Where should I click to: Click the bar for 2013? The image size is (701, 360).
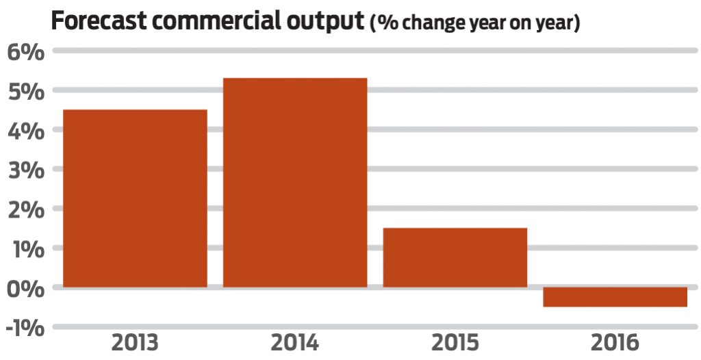(x=135, y=198)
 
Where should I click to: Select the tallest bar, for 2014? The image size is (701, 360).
(x=295, y=182)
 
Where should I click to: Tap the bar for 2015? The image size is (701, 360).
(x=455, y=257)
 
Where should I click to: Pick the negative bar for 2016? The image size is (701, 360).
(x=615, y=297)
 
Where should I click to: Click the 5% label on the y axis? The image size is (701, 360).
(x=25, y=91)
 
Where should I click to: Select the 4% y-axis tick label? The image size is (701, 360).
(x=25, y=130)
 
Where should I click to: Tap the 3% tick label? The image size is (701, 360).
(x=25, y=170)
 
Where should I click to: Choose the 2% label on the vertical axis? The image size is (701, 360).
(x=25, y=209)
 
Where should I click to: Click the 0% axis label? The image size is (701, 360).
(x=25, y=287)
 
